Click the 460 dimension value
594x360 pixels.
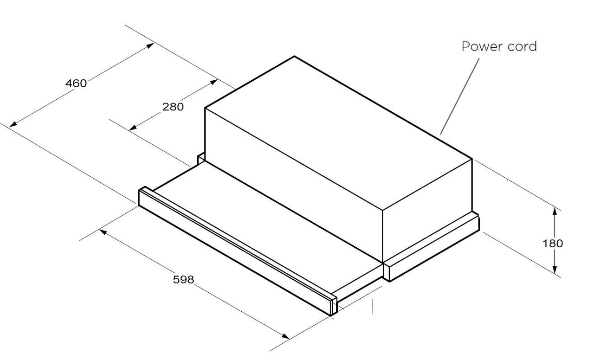[76, 84]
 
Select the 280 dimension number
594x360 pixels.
[173, 107]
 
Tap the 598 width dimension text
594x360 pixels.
[183, 280]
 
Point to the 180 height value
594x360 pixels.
[553, 244]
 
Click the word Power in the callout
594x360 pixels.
[482, 46]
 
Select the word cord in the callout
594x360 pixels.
[522, 46]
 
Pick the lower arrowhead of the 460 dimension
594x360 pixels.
[13, 124]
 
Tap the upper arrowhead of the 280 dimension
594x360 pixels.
[214, 82]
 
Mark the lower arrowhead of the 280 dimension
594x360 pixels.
[133, 128]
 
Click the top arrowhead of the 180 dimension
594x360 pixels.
[555, 212]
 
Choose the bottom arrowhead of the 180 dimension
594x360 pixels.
[555, 269]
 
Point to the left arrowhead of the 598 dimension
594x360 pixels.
[103, 232]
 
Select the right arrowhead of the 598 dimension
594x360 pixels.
[285, 336]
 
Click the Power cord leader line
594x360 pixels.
[459, 96]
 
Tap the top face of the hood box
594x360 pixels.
[339, 133]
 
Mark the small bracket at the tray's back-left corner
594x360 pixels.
[201, 158]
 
